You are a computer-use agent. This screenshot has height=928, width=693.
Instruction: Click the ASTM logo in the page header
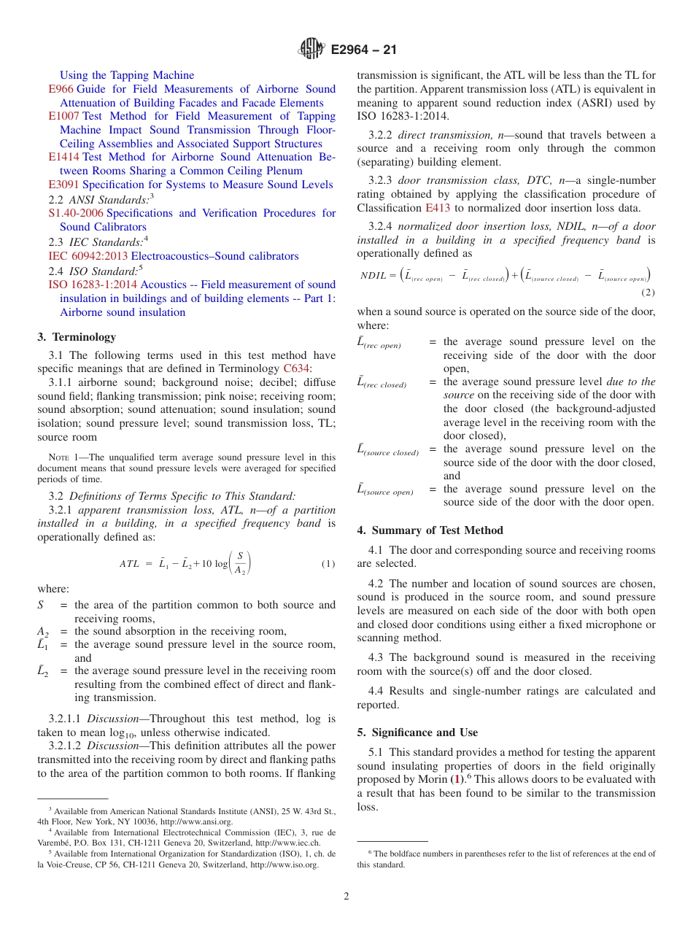pos(311,50)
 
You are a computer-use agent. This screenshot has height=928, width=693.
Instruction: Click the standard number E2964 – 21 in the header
pos(363,50)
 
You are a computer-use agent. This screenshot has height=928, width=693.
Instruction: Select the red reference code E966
pos(61,89)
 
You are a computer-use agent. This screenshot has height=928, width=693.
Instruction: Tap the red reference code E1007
pos(63,116)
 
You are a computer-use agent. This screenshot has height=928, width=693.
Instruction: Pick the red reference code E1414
pos(63,157)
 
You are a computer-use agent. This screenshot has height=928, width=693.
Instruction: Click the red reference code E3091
pos(63,185)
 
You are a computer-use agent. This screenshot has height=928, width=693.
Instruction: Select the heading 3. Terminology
pos(77,337)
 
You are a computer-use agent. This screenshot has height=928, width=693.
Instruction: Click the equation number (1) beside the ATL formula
pos(328,564)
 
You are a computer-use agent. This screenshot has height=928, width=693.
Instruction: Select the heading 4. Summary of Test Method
pos(430,530)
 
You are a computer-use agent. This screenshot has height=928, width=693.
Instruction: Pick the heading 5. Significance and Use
pos(417,732)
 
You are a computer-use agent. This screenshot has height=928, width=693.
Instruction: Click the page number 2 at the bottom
pos(346,897)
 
